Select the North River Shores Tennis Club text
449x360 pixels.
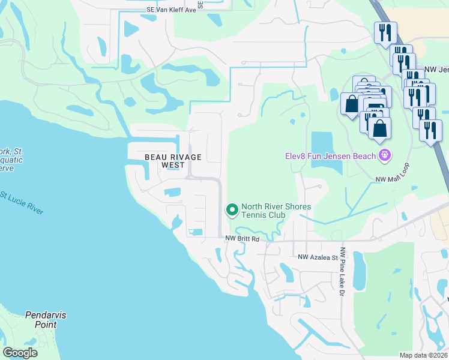(x=276, y=211)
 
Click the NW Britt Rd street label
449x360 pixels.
(x=242, y=239)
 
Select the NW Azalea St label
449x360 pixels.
(x=319, y=257)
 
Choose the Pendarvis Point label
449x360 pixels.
(x=41, y=319)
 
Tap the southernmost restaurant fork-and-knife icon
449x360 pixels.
(x=430, y=130)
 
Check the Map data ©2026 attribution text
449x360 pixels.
(x=423, y=355)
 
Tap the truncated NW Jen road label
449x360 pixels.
(x=436, y=70)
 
